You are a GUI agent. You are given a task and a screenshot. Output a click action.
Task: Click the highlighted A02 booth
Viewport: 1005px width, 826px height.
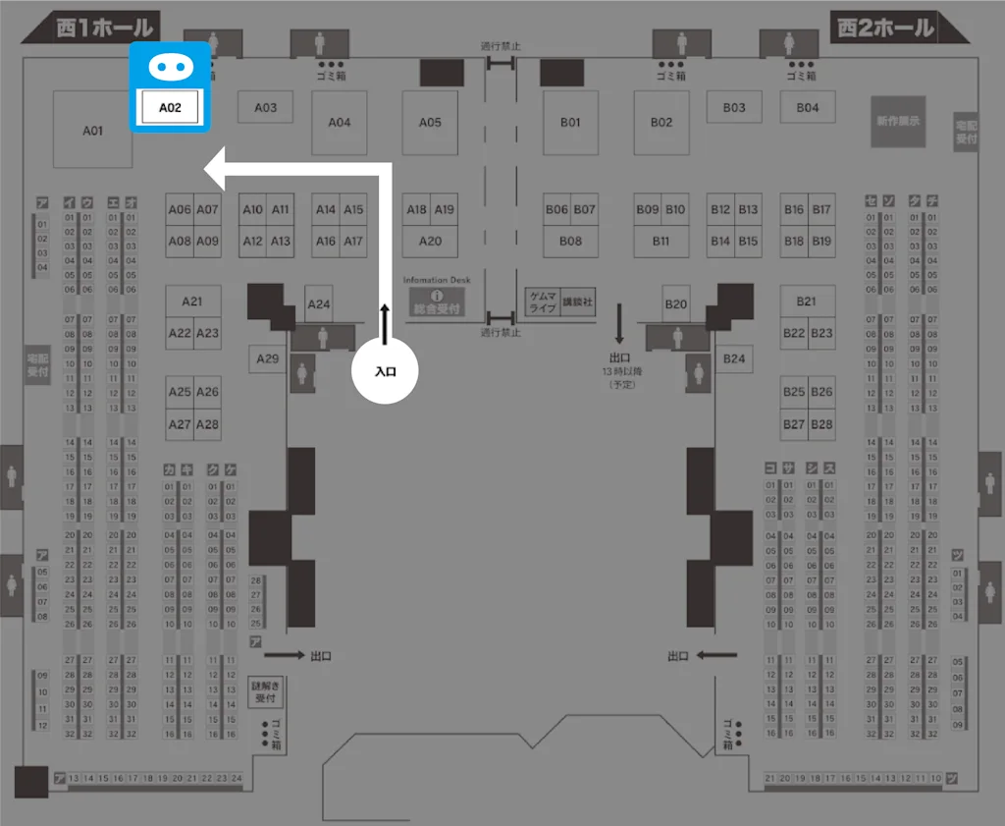click(171, 107)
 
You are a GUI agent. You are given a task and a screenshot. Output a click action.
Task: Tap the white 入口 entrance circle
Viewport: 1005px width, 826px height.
click(385, 371)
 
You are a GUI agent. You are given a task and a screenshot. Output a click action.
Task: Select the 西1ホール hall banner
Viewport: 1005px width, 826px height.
click(94, 28)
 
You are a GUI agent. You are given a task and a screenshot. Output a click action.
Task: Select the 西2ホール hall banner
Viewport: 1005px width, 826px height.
click(885, 28)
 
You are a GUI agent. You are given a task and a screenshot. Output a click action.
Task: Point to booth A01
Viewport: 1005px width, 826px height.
click(92, 130)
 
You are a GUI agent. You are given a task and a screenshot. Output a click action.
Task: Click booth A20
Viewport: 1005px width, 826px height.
click(430, 241)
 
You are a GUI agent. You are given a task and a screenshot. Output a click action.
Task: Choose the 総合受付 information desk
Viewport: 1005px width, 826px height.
click(437, 302)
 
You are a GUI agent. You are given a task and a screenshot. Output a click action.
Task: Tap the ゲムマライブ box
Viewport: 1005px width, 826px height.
click(542, 302)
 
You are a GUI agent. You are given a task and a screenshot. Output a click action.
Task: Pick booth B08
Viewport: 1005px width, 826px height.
click(570, 241)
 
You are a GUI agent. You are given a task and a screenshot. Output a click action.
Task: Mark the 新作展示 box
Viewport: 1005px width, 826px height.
click(897, 122)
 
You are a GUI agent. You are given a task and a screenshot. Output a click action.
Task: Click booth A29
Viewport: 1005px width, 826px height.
click(267, 359)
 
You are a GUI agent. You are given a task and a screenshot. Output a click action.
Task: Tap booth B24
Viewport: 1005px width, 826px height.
click(733, 359)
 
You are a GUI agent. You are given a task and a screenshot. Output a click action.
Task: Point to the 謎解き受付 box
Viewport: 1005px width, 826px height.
click(265, 692)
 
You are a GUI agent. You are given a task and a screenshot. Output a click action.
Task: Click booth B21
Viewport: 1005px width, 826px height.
click(807, 302)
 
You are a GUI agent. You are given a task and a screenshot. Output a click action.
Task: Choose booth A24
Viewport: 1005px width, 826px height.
click(318, 304)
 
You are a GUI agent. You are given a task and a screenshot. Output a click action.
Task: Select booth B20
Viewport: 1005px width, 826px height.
click(675, 304)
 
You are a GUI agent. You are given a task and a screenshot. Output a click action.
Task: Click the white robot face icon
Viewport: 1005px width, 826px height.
click(171, 67)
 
